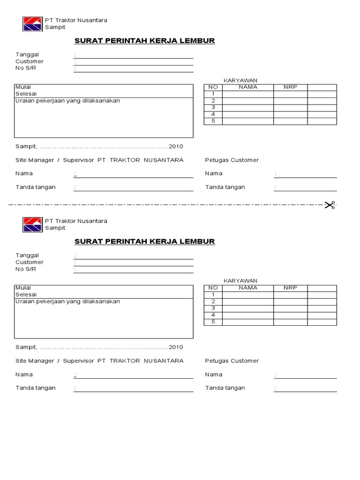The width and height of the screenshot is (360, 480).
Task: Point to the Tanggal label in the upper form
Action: coord(27,54)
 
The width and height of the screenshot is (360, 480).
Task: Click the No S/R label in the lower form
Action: coord(26,269)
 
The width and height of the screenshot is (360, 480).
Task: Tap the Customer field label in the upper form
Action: coord(29,61)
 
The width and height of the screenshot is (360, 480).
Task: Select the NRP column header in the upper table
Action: coord(290,87)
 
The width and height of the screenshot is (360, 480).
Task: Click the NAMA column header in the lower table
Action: coord(248,288)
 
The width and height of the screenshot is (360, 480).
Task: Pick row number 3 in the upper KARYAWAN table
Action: coord(213,107)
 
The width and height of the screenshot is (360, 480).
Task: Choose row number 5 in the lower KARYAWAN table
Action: coord(213,322)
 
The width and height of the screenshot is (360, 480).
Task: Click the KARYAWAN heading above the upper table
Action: coord(240,81)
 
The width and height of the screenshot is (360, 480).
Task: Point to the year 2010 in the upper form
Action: coord(176,146)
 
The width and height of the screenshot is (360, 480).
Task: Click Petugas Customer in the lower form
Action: coord(232,361)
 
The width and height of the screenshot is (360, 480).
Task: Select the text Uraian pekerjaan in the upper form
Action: coord(42,101)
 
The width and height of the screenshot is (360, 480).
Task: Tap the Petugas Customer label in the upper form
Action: coord(232,160)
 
